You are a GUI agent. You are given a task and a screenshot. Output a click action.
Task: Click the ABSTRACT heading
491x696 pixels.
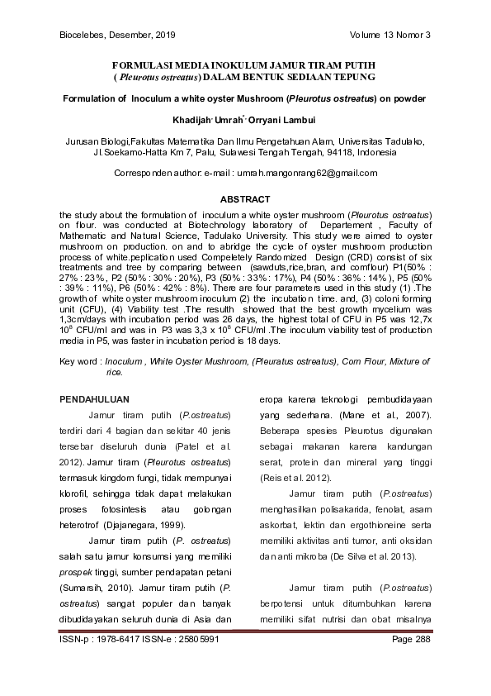point(245,200)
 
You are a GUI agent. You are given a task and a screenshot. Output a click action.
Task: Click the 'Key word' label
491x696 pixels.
point(79,362)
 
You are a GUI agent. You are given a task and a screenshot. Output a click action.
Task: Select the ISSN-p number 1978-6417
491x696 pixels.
point(122,640)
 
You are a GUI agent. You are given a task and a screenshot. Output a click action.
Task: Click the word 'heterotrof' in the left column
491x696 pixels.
point(82,525)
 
